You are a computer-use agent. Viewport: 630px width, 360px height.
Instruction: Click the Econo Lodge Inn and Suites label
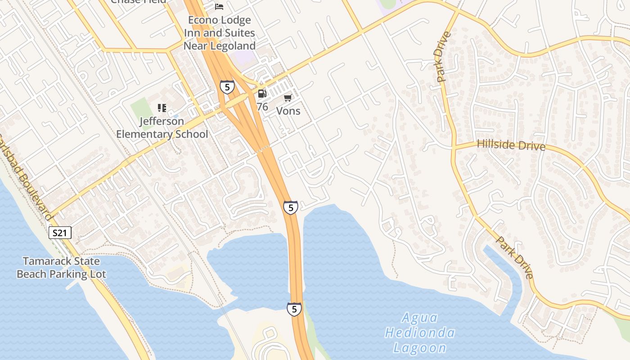tap(220, 27)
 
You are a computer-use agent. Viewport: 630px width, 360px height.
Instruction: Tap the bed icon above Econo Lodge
tap(219, 6)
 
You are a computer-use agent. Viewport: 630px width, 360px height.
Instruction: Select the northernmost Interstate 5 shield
tap(227, 87)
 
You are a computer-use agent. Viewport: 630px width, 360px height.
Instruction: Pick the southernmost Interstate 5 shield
tap(294, 309)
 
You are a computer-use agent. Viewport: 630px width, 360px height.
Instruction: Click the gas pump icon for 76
tap(262, 94)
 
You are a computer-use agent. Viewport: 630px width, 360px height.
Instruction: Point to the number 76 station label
tap(262, 107)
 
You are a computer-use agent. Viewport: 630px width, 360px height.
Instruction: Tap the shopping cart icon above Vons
tap(288, 98)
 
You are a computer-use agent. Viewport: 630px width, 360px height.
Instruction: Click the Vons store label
tap(288, 111)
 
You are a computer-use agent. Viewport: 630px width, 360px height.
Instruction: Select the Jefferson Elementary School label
tap(162, 128)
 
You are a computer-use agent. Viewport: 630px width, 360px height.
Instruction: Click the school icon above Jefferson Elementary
tap(162, 108)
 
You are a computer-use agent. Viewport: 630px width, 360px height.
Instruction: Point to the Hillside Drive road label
tap(511, 145)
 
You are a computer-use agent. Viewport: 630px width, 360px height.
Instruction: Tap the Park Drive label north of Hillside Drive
tap(443, 57)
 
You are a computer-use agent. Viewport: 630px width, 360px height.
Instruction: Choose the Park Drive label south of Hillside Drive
tap(515, 257)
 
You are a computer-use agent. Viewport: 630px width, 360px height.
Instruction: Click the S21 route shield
tap(60, 233)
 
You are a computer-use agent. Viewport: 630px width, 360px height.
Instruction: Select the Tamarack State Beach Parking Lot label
tap(61, 267)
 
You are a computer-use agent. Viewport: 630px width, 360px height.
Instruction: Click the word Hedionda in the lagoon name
tap(420, 333)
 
